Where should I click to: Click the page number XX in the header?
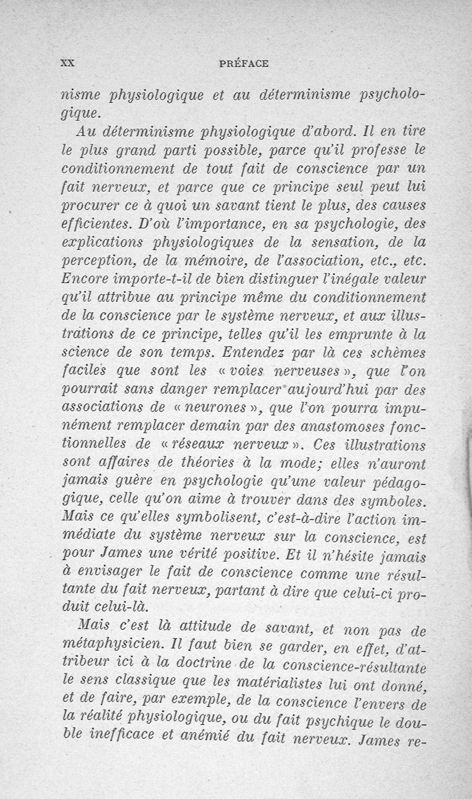[67, 63]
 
